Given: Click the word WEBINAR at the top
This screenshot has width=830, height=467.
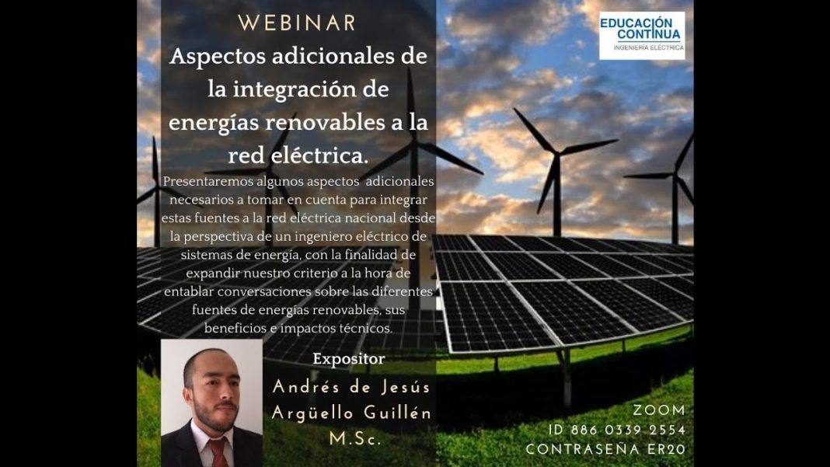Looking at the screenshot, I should (297, 23).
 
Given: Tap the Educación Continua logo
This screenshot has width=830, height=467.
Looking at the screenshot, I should (641, 35).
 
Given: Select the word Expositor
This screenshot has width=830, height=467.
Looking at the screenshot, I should (348, 359).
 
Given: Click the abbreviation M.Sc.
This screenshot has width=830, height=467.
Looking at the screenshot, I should (356, 439).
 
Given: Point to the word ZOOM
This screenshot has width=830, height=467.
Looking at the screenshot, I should (659, 410).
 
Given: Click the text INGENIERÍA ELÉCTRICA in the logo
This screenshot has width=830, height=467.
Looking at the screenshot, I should (648, 48).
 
